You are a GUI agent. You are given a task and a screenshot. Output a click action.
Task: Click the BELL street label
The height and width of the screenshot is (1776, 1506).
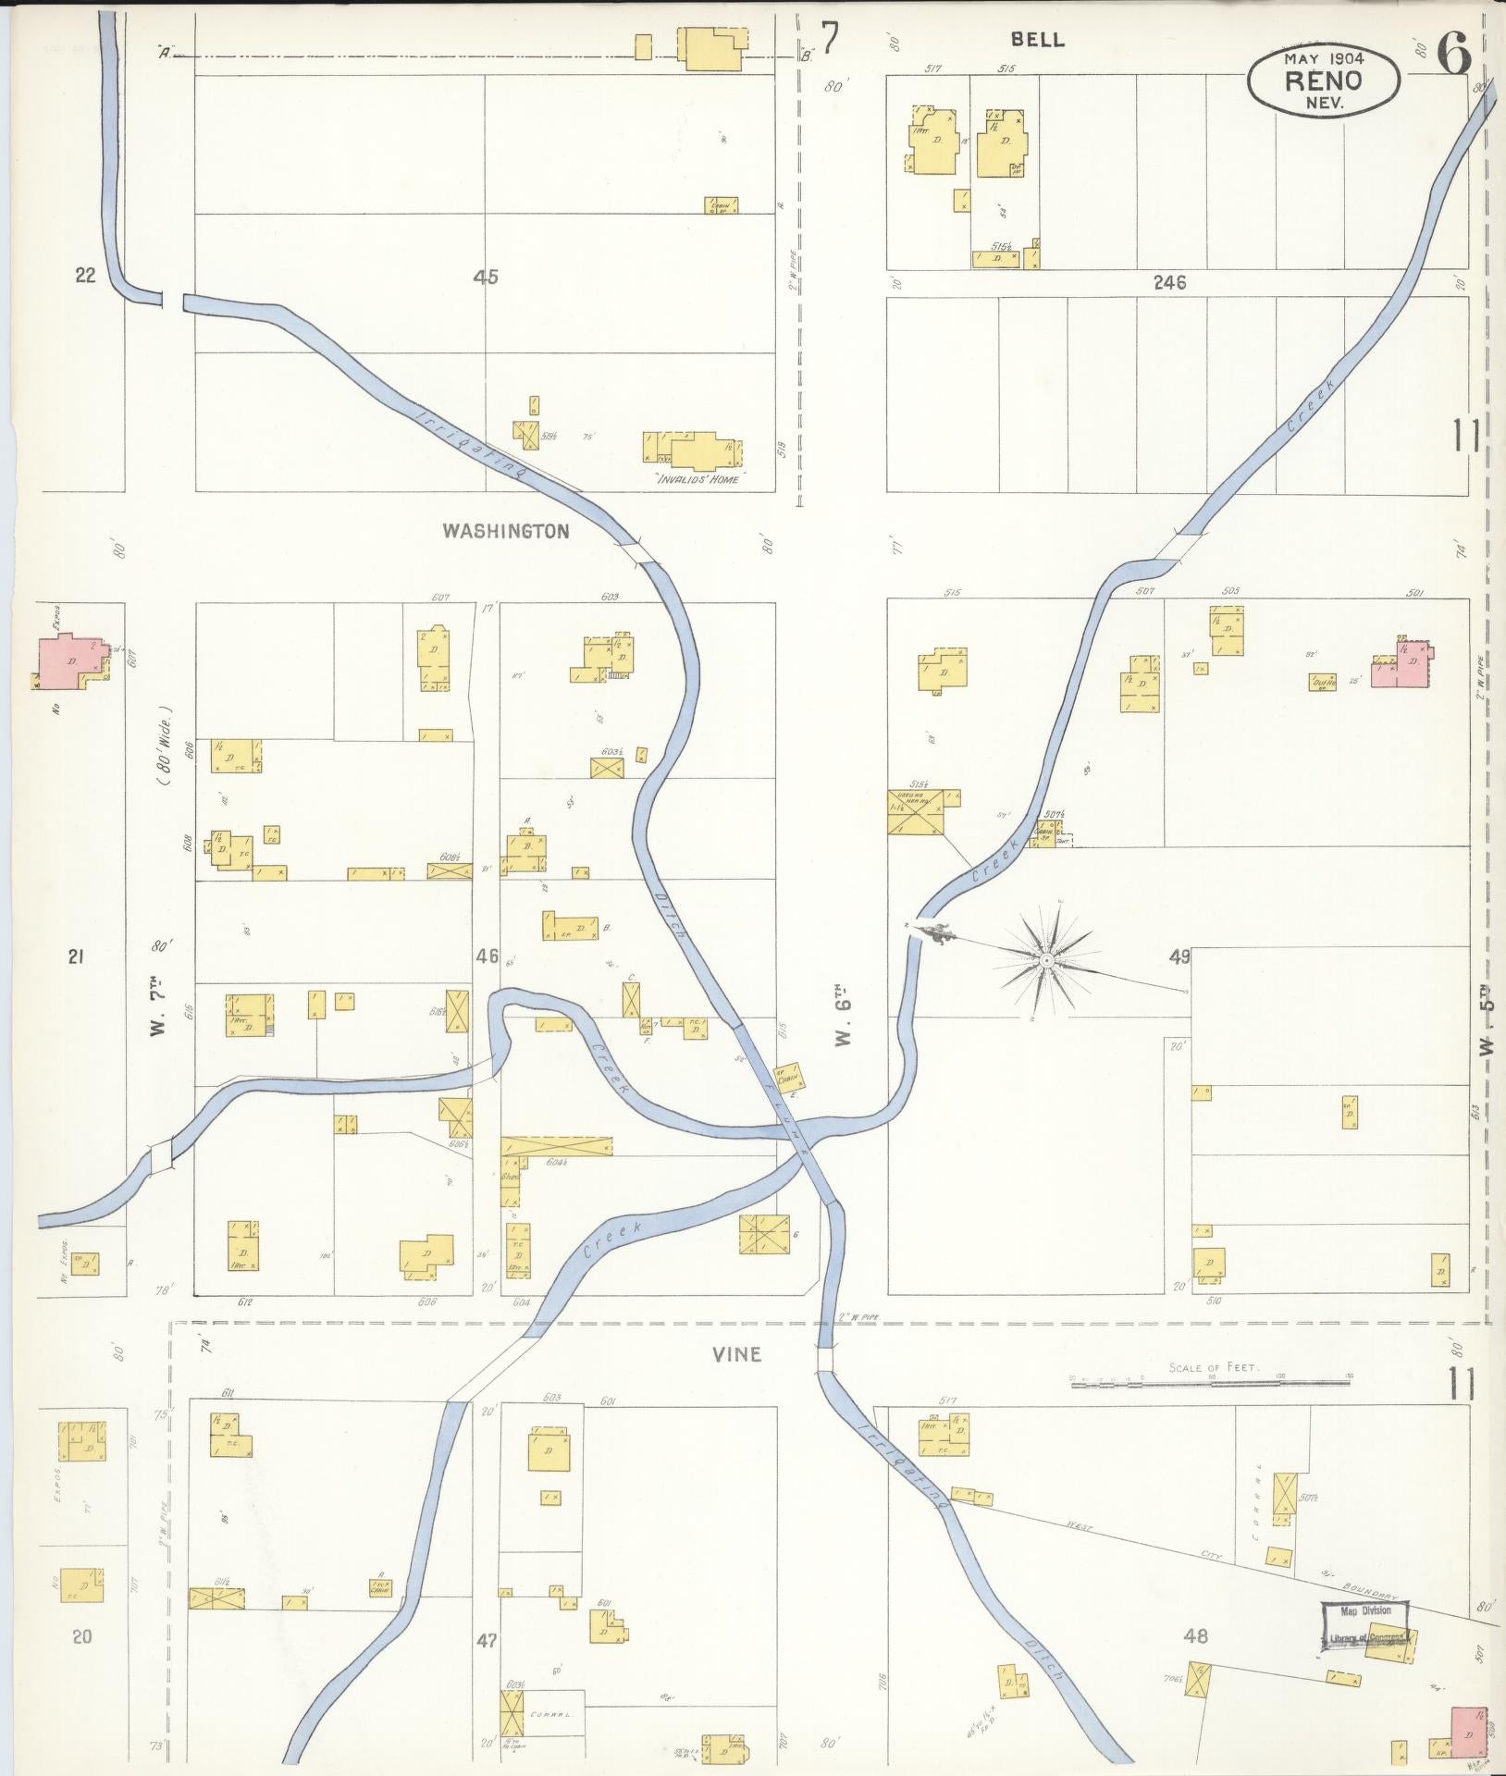coord(1038,40)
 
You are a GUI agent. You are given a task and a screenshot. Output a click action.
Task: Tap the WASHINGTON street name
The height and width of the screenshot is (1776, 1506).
coord(505,531)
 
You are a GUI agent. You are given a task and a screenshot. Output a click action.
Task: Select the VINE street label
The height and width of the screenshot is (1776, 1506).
coord(736,1354)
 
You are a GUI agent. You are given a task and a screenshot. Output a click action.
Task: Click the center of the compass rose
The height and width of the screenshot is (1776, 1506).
coord(1046,962)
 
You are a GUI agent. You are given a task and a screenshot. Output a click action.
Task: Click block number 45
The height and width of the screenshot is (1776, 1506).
coord(486,276)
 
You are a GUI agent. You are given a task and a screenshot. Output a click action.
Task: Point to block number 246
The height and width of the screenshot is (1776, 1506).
coord(1169,283)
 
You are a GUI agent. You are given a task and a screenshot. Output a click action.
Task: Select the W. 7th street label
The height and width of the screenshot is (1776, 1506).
coord(158,1010)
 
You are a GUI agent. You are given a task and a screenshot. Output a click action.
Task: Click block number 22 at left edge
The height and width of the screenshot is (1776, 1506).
coord(86,275)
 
